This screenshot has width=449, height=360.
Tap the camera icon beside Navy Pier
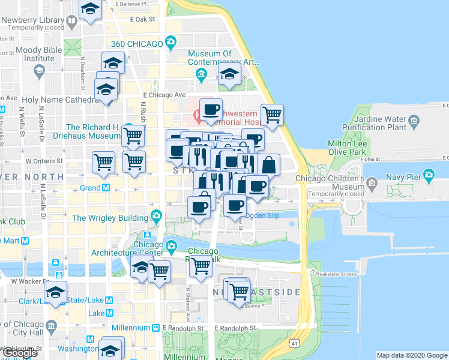[429, 176]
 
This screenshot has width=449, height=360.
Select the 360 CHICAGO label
[137, 43]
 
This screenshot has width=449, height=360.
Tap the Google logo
[19, 353]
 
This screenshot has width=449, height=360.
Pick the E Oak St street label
[142, 19]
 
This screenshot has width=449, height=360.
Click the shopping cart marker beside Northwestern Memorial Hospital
[272, 114]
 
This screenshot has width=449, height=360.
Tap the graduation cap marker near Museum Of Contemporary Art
[229, 74]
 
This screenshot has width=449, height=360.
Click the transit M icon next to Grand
[106, 188]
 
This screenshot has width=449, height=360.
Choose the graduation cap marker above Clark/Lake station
[55, 293]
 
